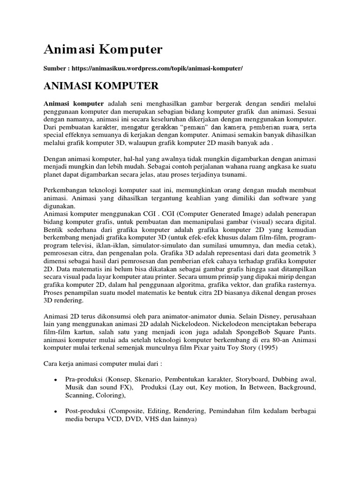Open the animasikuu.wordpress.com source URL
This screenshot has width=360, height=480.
click(x=157, y=68)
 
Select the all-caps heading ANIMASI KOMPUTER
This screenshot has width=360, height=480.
click(x=101, y=86)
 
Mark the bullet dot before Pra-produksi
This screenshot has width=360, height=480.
click(x=56, y=379)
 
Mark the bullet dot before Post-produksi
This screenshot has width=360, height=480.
click(x=56, y=411)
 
